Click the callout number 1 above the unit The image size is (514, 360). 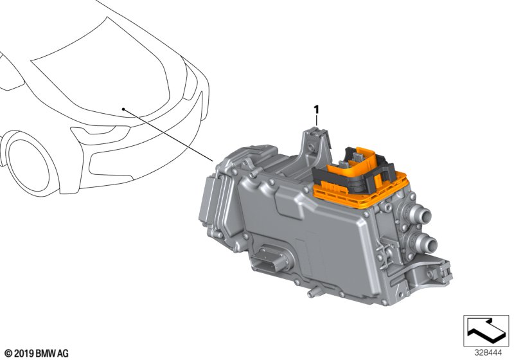coord(316,109)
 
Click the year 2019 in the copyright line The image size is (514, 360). coord(24,354)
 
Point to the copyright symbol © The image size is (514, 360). coord(9,354)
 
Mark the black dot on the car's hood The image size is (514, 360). coord(123,109)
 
